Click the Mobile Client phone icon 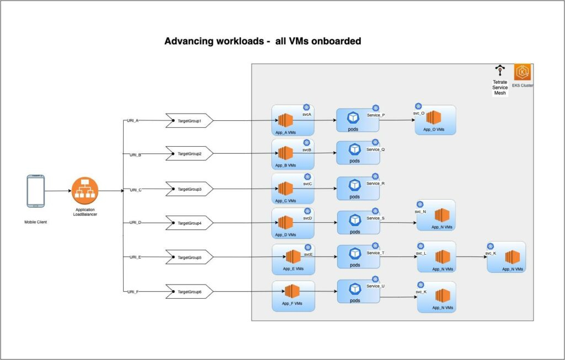click(35, 191)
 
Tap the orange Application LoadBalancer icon click(84, 191)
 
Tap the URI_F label click(132, 292)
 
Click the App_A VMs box click(292, 120)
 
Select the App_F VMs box click(293, 296)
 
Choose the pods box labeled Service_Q click(358, 153)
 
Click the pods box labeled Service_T click(358, 256)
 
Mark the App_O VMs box click(435, 120)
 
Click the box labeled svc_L click(436, 256)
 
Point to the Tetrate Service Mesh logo click(500, 71)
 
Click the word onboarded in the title click(333, 41)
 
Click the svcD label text click(307, 218)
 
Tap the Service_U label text click(375, 286)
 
